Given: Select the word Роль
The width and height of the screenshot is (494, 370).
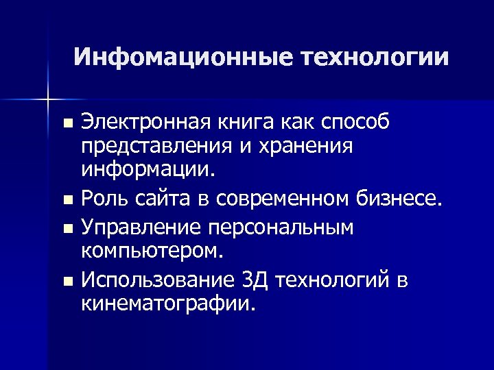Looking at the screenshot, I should (105, 199).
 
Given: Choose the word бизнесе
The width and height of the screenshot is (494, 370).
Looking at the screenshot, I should (401, 199).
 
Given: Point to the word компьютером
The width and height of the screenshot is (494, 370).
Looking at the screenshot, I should (152, 251).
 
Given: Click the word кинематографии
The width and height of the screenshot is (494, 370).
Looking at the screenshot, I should (168, 304).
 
